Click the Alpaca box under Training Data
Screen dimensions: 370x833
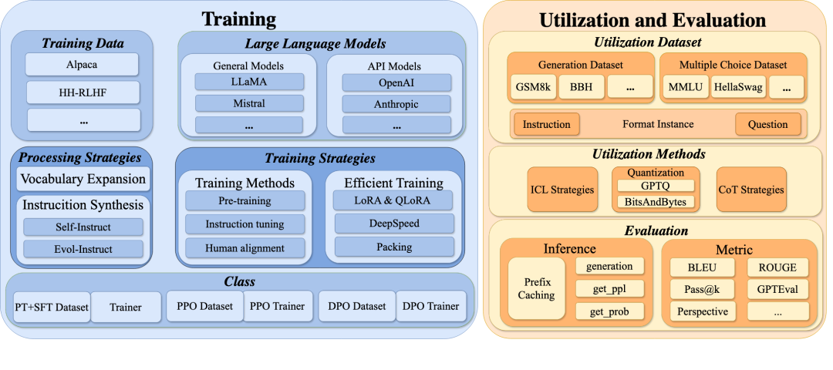point(82,64)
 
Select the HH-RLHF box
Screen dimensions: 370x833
point(82,92)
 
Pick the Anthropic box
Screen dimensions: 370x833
point(396,103)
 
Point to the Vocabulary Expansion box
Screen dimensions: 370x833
point(83,179)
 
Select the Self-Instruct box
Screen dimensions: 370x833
point(83,227)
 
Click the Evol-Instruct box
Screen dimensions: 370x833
point(83,249)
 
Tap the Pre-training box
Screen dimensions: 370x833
point(244,201)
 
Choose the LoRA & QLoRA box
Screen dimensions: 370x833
point(393,201)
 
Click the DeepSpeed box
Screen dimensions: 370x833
point(393,224)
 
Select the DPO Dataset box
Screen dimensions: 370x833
point(356,307)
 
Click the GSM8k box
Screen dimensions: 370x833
point(532,86)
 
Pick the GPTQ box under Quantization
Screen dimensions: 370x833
point(656,186)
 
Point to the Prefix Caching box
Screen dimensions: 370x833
point(536,289)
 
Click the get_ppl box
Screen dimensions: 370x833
point(609,289)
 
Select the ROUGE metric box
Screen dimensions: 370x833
point(777,267)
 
